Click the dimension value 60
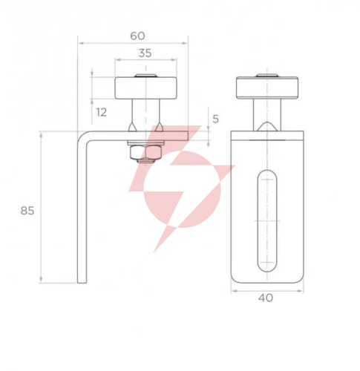click(137, 36)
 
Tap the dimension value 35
click(145, 53)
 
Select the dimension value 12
click(102, 113)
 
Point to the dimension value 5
click(215, 119)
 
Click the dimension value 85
click(27, 211)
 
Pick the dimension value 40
click(266, 298)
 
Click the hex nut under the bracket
click(145, 153)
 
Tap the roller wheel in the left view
click(145, 88)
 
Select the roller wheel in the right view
click(267, 88)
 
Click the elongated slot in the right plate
click(267, 220)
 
